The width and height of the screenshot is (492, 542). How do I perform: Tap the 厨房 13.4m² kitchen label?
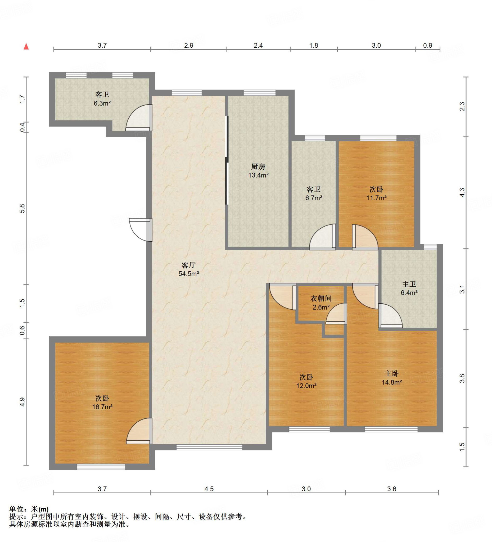pos(258,171)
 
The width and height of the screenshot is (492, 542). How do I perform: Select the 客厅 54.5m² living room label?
pos(188,269)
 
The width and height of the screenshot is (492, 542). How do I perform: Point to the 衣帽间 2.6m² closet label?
pos(321,303)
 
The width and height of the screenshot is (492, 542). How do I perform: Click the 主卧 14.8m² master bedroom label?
pos(392,378)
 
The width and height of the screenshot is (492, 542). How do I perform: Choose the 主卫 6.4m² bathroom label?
pos(409,288)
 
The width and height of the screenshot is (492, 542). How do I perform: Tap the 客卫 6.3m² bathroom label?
pos(102,99)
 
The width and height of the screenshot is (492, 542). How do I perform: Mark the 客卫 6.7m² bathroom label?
pos(313,193)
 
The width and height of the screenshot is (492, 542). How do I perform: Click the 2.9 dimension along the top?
pos(189,46)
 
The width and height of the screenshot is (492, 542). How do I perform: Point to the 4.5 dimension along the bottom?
pos(209,489)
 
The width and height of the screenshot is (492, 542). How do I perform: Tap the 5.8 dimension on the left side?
pos(22,208)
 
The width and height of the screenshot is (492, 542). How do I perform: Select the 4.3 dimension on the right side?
pos(462,192)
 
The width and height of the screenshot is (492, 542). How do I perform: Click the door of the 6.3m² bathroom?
pos(139,118)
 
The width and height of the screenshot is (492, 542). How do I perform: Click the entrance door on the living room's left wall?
pos(141,230)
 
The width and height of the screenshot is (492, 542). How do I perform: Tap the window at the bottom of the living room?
pos(209,447)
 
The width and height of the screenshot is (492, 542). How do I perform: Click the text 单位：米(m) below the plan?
pos(29,509)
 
